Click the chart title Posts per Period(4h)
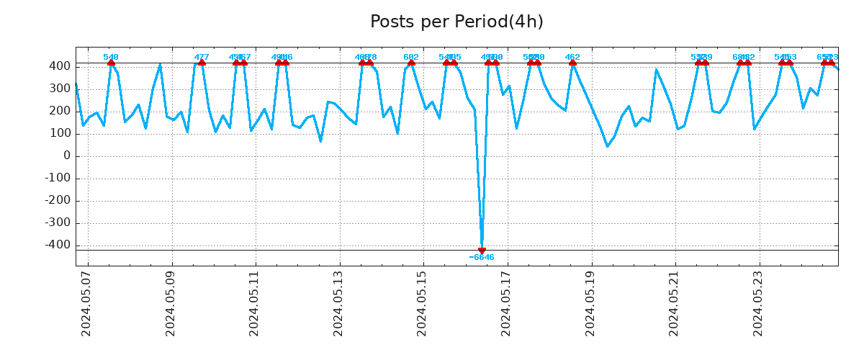click(456, 22)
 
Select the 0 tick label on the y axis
click(67, 156)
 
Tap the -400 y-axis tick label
click(58, 246)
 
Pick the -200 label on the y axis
click(58, 201)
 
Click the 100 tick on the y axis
click(60, 134)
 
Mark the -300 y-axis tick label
click(58, 223)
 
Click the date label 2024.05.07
click(86, 304)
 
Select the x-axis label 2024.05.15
click(423, 304)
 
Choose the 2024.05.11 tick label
click(255, 304)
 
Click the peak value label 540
click(111, 58)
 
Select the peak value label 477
click(202, 58)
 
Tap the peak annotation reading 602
click(411, 58)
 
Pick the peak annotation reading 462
click(572, 58)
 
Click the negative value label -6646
click(482, 258)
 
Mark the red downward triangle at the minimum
click(482, 251)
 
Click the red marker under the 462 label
click(572, 63)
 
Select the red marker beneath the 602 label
click(411, 63)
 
